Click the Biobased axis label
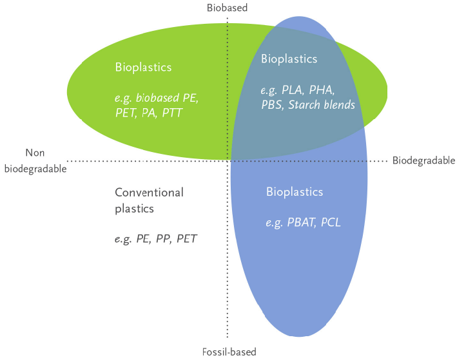coord(227,8)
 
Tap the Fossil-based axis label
coord(229,352)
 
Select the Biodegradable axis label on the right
coord(424,161)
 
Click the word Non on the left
coord(35,153)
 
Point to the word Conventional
coord(149,193)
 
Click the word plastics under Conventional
coord(134,209)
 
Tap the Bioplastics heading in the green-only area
coord(143,68)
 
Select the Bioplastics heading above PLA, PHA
coord(289,59)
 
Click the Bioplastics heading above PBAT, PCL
coord(295,192)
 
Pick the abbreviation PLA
coord(293,90)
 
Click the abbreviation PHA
coord(322,90)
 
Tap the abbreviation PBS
coord(272,105)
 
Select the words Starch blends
coord(322,105)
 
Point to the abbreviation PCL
coord(331,222)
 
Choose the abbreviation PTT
coord(172,113)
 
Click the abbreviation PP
coord(163,238)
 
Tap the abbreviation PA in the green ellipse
coord(149,113)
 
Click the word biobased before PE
coord(157,98)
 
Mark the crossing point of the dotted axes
coord(228,161)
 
